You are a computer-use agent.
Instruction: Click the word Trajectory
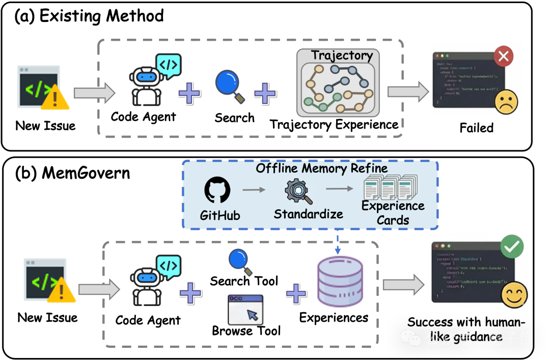coord(342,56)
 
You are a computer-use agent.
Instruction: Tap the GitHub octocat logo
coord(217,190)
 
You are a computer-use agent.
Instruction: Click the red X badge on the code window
coord(504,57)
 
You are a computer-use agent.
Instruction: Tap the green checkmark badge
coord(511,247)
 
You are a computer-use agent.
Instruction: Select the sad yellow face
coord(506,102)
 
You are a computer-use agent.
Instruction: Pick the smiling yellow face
coord(513,295)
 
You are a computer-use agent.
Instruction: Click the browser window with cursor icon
coord(245,310)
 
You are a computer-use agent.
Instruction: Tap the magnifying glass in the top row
coord(229,85)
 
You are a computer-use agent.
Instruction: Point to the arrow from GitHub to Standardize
coord(254,190)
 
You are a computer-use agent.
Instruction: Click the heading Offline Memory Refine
coord(321,168)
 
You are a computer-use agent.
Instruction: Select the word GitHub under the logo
coord(219,215)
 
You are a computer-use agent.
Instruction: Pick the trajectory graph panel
coord(338,89)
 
